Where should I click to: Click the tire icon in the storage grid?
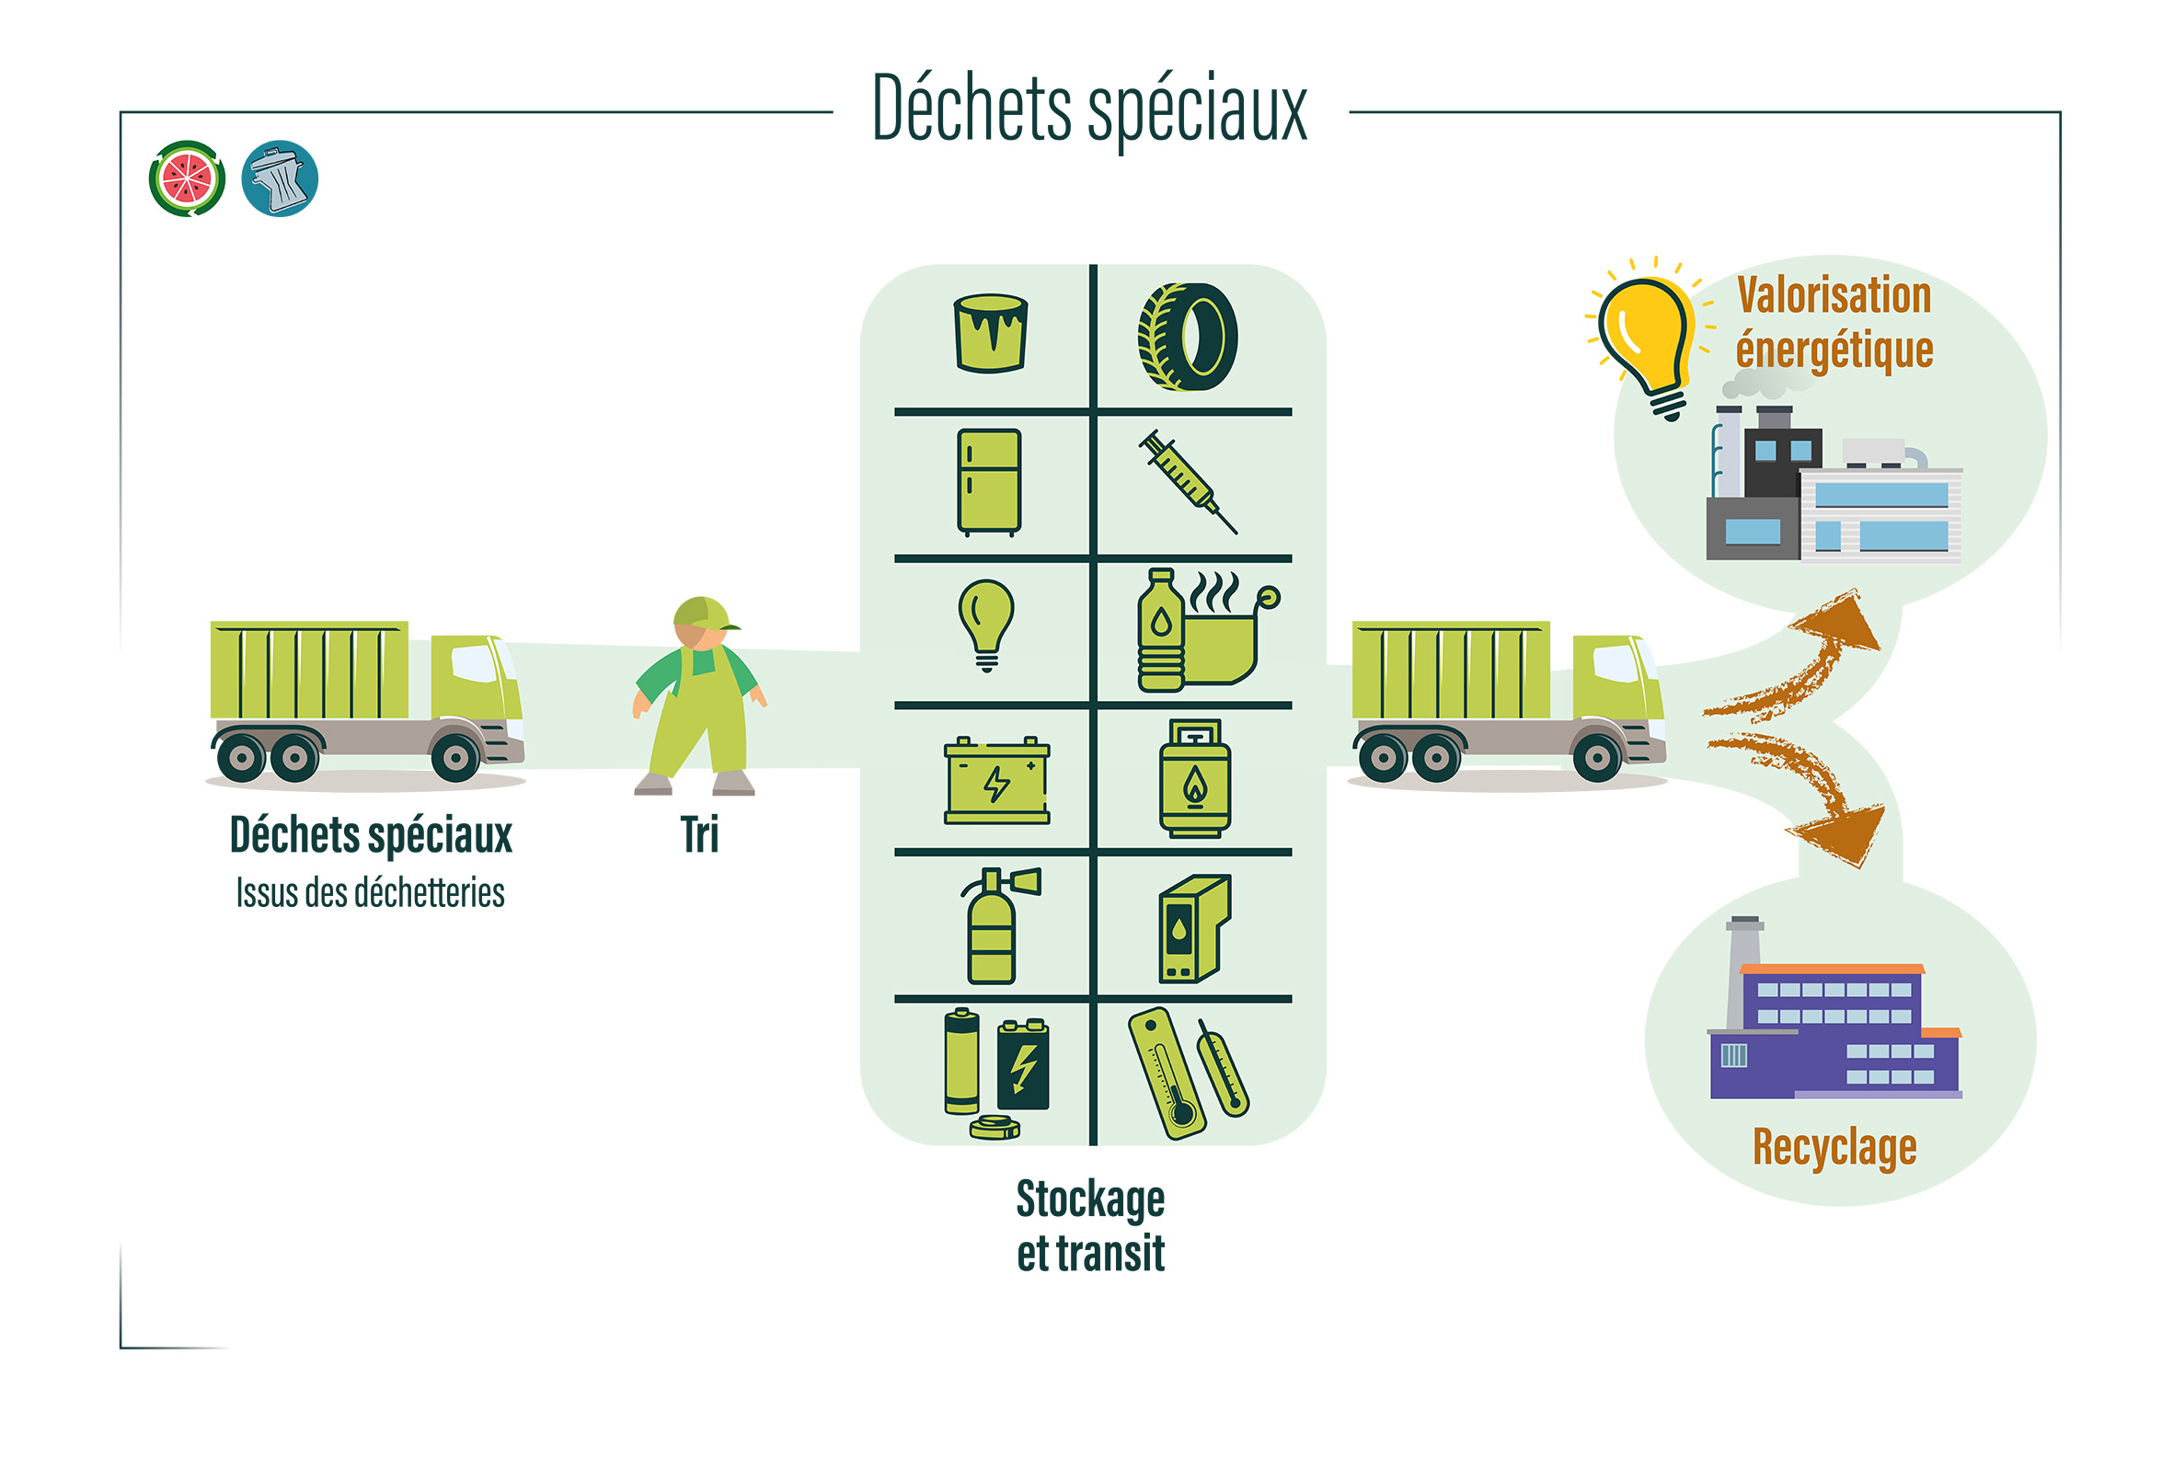pyautogui.click(x=1188, y=337)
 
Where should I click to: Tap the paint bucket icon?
pyautogui.click(x=990, y=333)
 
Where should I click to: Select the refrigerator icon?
pyautogui.click(x=988, y=482)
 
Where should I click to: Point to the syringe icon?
pyautogui.click(x=1187, y=482)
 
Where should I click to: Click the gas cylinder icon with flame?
pyautogui.click(x=1194, y=778)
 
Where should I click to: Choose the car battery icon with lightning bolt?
pyautogui.click(x=995, y=780)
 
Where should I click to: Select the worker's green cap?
pyautogui.click(x=701, y=614)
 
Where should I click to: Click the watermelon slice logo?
pyautogui.click(x=187, y=178)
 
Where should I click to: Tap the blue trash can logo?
pyautogui.click(x=280, y=178)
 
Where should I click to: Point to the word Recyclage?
pyautogui.click(x=1834, y=1147)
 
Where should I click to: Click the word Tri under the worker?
pyautogui.click(x=699, y=835)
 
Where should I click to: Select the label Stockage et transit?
pyautogui.click(x=1090, y=1226)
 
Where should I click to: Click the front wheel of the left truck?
pyautogui.click(x=455, y=756)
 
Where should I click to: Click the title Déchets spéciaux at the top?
pyautogui.click(x=1089, y=110)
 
